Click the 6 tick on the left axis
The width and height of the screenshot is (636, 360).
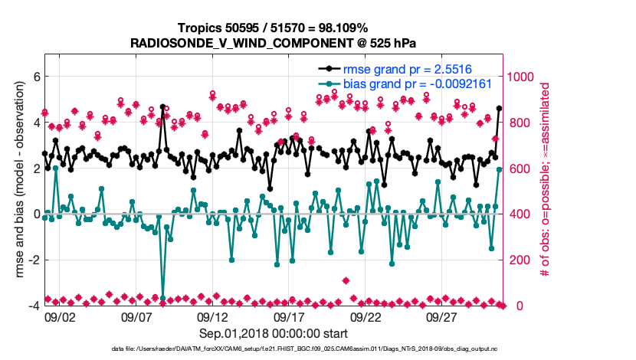35,77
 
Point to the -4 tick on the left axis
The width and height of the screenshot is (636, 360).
33,306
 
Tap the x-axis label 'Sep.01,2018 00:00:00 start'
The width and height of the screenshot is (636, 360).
273,333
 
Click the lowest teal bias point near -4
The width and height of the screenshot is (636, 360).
162,298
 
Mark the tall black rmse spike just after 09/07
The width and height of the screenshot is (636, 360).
162,107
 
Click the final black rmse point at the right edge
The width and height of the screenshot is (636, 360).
500,108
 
